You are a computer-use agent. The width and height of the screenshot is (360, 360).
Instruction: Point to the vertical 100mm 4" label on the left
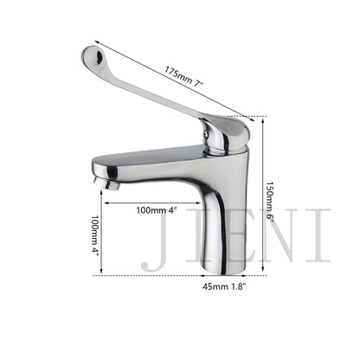click(x=96, y=235)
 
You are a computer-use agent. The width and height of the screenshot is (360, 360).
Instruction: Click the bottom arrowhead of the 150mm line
click(x=261, y=271)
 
